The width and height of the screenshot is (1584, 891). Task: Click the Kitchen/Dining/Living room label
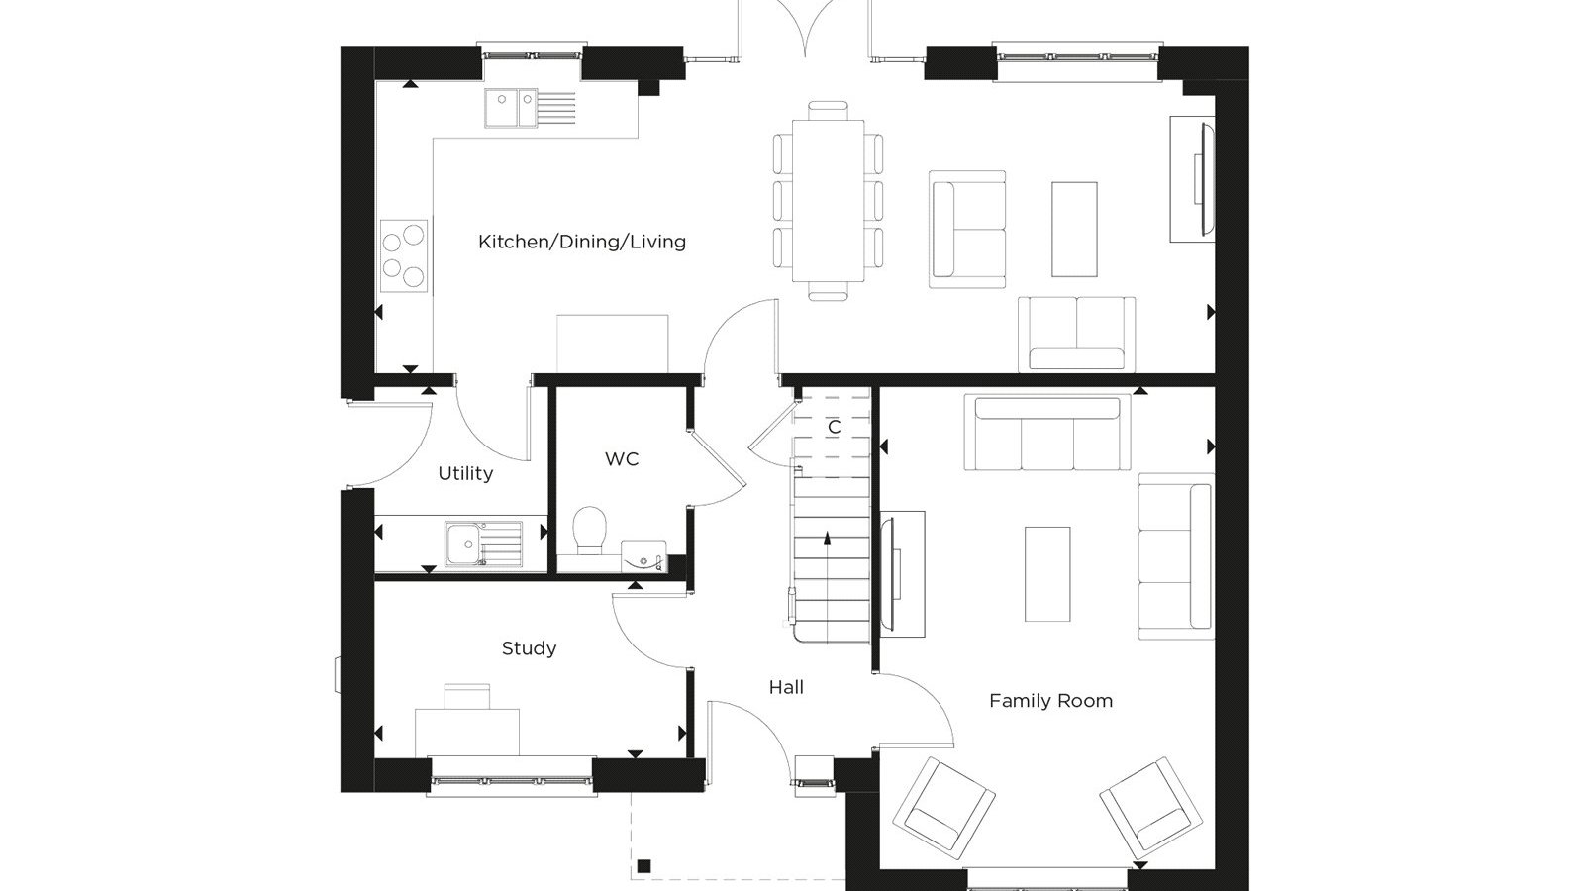pyautogui.click(x=582, y=242)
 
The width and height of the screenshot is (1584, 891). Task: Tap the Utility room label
pyautogui.click(x=465, y=474)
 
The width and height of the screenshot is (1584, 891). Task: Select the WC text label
pyautogui.click(x=623, y=459)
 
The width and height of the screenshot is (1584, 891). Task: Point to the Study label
pyautogui.click(x=529, y=648)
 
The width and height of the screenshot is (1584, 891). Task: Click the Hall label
pyautogui.click(x=786, y=687)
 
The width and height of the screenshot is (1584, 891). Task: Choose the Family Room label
pyautogui.click(x=1050, y=701)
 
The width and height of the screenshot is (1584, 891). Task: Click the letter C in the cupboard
pyautogui.click(x=835, y=427)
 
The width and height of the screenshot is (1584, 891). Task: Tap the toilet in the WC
pyautogui.click(x=590, y=531)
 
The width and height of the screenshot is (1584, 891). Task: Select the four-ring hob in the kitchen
pyautogui.click(x=404, y=255)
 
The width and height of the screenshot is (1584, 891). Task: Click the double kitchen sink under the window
pyautogui.click(x=530, y=108)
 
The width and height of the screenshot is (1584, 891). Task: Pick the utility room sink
pyautogui.click(x=484, y=544)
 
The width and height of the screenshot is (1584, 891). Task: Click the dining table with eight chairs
pyautogui.click(x=828, y=201)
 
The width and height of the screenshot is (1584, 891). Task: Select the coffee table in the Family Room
pyautogui.click(x=1047, y=573)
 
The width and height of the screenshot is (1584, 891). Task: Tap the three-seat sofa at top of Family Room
pyautogui.click(x=1047, y=432)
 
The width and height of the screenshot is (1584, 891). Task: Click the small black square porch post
pyautogui.click(x=643, y=865)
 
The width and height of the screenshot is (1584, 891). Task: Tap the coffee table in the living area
pyautogui.click(x=1074, y=229)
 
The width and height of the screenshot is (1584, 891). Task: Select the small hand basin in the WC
pyautogui.click(x=643, y=556)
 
